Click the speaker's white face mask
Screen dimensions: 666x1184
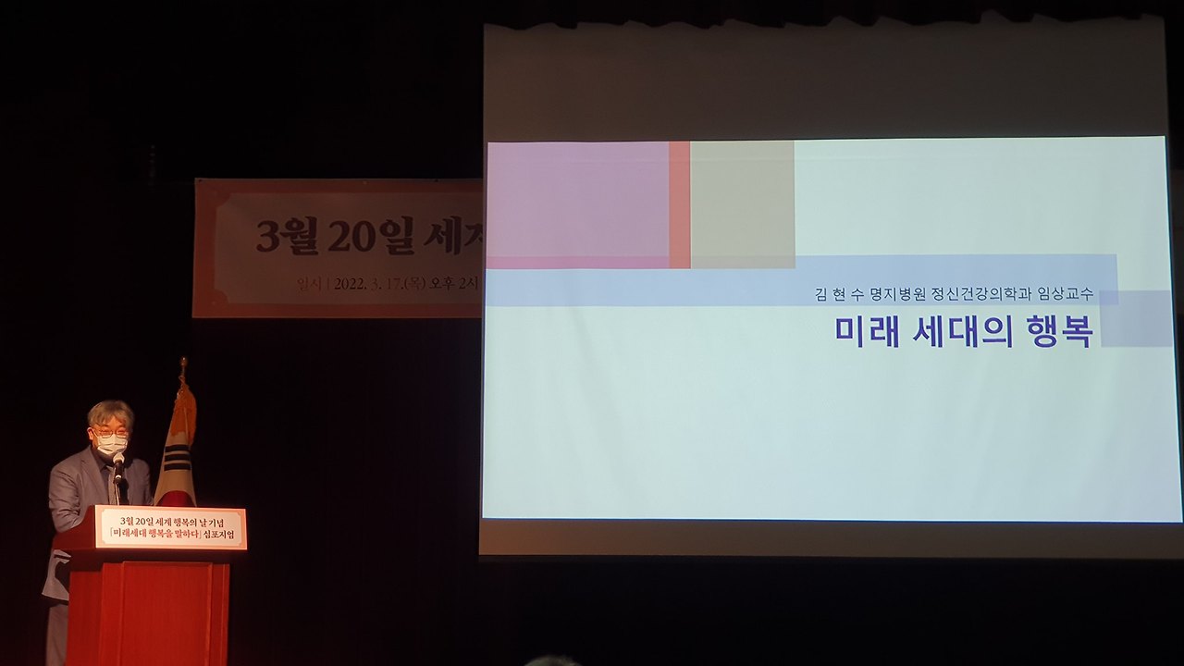112,445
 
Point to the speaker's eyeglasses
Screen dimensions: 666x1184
111,431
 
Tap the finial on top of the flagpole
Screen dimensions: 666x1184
183,366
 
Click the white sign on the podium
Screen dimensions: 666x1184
171,528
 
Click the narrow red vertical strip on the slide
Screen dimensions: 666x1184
680,204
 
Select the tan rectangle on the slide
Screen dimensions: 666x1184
743,204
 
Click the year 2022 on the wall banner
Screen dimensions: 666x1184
352,283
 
